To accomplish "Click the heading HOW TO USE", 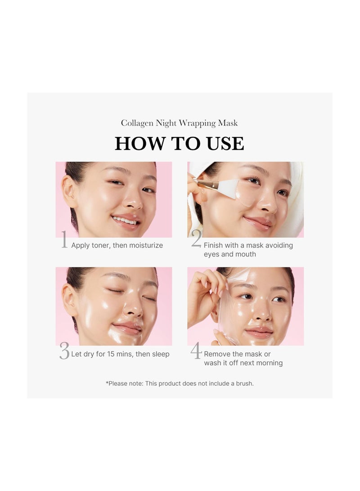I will [x=179, y=144].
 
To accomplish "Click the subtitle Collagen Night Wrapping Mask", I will [x=179, y=123].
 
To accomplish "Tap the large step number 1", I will [x=64, y=240].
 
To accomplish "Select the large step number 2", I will [x=196, y=239].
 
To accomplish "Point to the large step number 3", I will [x=64, y=351].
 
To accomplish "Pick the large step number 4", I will [x=196, y=351].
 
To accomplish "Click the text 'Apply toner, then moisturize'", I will [x=117, y=245].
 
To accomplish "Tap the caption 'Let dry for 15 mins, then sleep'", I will [x=120, y=354].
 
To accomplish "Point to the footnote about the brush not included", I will [x=180, y=383].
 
